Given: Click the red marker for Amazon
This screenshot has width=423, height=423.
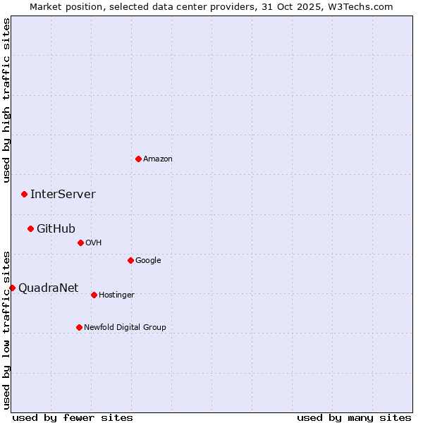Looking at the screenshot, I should coord(138,159).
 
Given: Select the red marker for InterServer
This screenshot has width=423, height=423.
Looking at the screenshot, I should coord(24,194).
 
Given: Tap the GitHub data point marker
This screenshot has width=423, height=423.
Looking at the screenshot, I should coord(30,228).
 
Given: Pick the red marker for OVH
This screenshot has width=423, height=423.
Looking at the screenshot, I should coord(80,243).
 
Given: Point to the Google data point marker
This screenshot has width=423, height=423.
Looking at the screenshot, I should coord(130,260).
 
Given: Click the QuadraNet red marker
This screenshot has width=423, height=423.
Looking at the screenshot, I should coord(12,288).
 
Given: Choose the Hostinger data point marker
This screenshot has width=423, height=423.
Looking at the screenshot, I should coord(94,295).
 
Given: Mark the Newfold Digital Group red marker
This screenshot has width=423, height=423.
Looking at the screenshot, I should coord(79,327).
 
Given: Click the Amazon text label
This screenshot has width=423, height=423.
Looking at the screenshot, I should coord(158,159).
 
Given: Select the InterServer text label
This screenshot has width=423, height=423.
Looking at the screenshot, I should coord(63,194).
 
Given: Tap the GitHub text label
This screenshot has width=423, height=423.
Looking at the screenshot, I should coord(56,228).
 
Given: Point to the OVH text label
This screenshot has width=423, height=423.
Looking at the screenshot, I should coord(94,243).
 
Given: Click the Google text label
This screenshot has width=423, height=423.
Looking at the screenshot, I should coord(148,260).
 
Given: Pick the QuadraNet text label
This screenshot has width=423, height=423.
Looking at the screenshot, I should coord(48,288).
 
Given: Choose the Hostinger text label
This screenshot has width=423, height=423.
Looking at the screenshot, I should coord(116,295).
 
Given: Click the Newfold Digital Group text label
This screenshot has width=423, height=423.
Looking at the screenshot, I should coord(125,327).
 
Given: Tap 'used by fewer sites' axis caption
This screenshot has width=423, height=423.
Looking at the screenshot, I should coord(73,417).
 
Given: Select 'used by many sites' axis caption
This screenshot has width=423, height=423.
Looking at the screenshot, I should coord(354,417).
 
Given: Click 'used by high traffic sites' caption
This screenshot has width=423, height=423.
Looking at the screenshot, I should coord(6,99).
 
